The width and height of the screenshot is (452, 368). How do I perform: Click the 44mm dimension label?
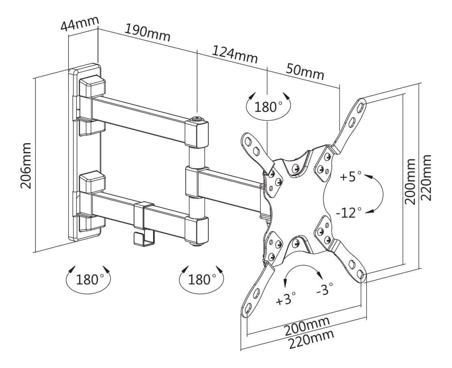coord(79,24)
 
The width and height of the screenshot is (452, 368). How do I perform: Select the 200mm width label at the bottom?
coord(307,325)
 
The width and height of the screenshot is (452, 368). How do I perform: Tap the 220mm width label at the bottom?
coord(311,339)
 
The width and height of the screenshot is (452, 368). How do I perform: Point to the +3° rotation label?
coord(286,300)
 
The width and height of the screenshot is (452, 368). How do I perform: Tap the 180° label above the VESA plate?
coord(268,107)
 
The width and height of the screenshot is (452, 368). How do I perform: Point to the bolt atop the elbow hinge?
coord(198,119)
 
